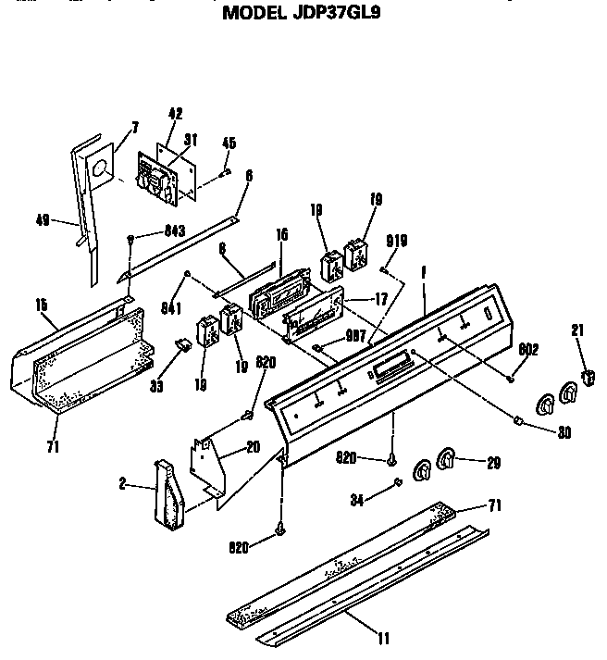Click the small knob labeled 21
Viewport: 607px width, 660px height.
click(x=586, y=375)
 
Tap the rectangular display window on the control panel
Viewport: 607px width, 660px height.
click(x=390, y=367)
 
